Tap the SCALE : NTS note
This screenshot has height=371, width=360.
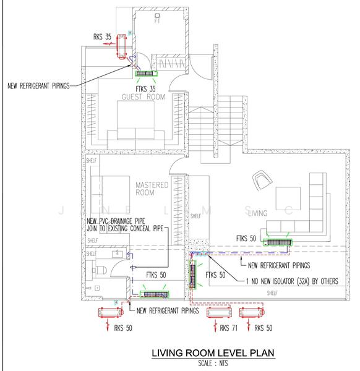212,362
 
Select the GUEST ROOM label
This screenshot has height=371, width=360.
142,98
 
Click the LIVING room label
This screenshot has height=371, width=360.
257,213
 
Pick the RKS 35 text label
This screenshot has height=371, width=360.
102,37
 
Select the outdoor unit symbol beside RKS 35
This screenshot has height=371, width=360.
118,45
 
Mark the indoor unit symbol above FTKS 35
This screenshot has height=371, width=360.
146,74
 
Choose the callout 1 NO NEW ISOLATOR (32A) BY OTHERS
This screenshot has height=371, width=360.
290,281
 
